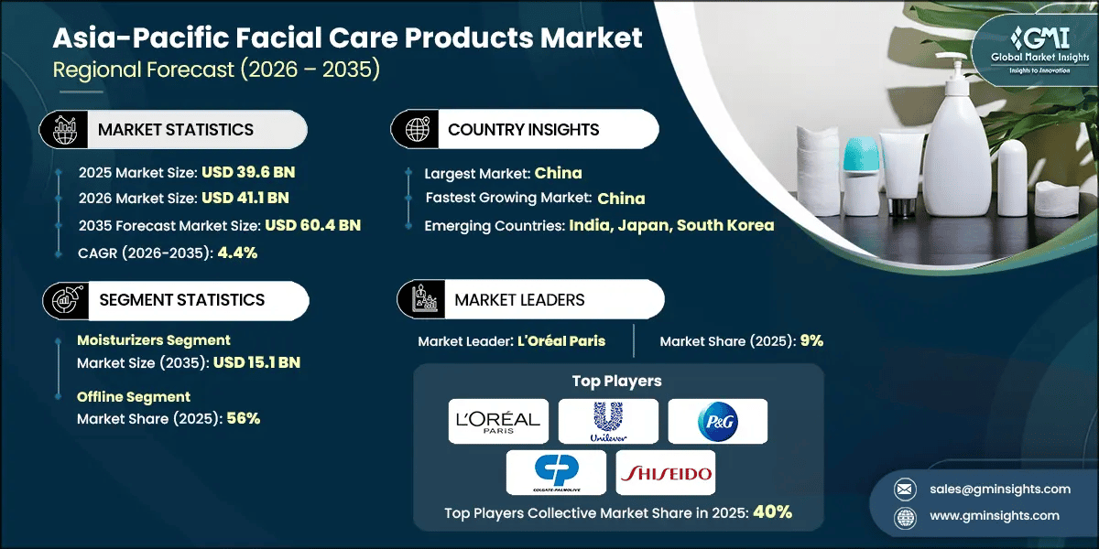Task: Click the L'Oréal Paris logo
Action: [x=499, y=421]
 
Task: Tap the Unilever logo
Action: [x=608, y=421]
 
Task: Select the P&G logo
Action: [x=717, y=421]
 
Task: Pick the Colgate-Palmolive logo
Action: [x=556, y=473]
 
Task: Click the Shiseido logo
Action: [x=665, y=473]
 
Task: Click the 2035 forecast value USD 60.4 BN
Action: [x=313, y=226]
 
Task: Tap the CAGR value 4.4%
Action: [x=237, y=253]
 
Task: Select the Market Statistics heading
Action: [x=175, y=130]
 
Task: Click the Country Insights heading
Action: [x=523, y=130]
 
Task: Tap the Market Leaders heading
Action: [x=518, y=299]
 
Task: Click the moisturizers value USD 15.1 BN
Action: [x=256, y=362]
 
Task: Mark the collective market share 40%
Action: [x=772, y=512]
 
